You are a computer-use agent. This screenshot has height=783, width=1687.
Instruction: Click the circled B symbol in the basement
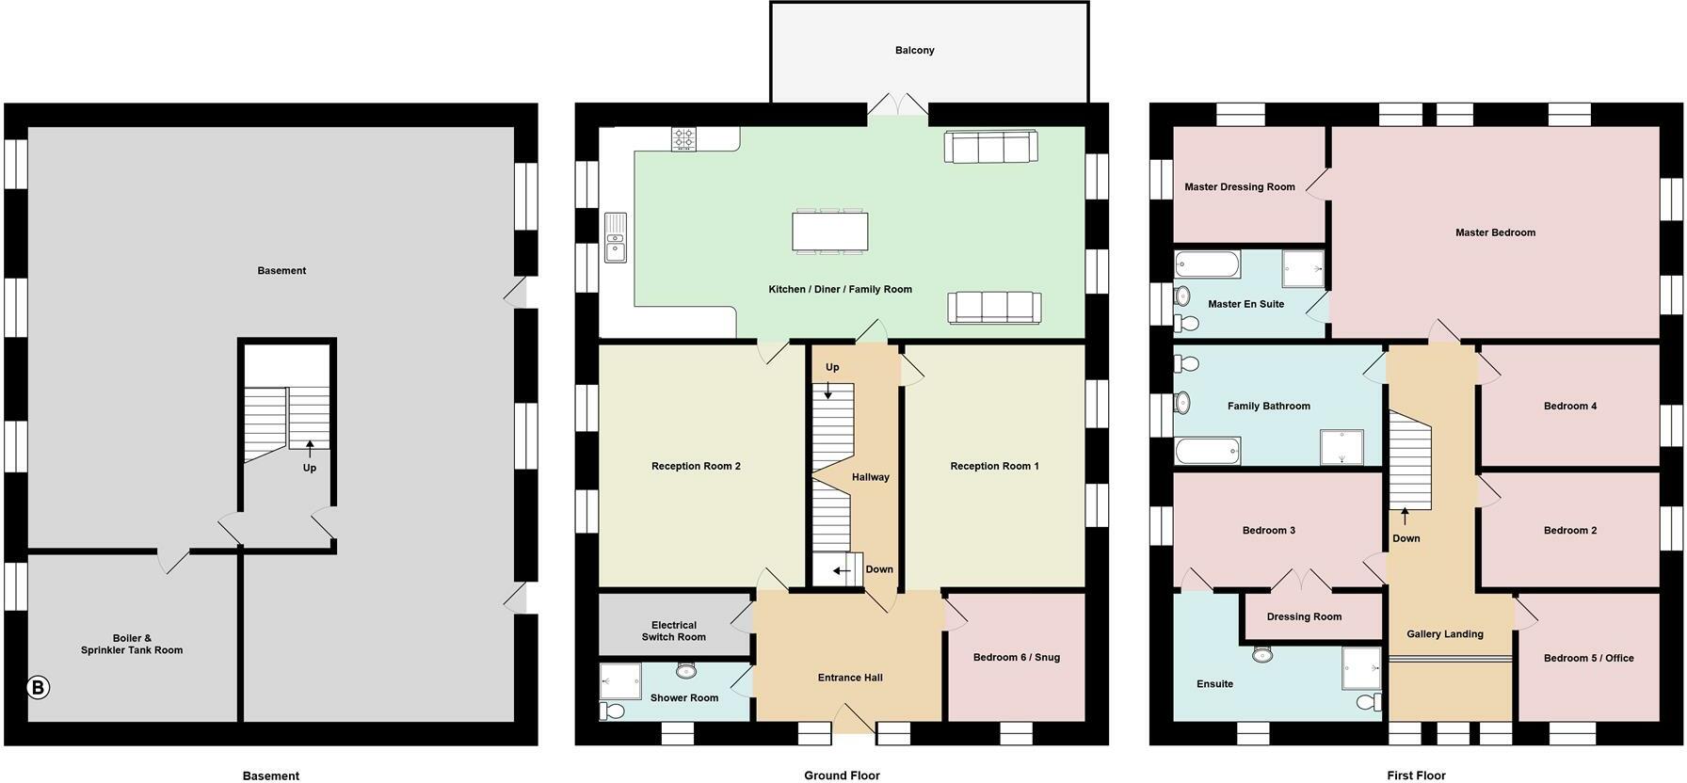[38, 688]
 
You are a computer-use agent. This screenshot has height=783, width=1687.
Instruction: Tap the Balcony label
[914, 50]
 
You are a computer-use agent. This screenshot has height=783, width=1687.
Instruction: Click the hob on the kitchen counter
[683, 139]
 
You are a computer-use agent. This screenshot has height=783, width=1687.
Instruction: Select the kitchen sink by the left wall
[615, 237]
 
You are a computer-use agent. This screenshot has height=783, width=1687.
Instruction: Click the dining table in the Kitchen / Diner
[829, 232]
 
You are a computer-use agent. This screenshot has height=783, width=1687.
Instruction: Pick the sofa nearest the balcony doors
[990, 147]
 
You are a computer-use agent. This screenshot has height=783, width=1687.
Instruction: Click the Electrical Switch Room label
[674, 631]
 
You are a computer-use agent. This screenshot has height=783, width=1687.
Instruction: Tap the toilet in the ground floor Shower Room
[612, 711]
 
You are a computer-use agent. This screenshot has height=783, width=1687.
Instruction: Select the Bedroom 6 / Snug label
[1016, 657]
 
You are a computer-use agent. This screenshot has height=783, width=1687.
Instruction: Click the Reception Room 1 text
[994, 466]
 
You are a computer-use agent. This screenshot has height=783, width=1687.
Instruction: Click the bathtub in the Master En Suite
[1208, 264]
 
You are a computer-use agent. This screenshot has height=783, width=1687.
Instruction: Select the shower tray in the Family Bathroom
[1341, 447]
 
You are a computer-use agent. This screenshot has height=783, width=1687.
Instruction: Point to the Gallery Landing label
[1444, 633]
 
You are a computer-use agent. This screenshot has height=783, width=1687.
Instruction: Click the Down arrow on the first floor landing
[1405, 517]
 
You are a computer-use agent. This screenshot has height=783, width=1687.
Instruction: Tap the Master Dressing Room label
[1239, 186]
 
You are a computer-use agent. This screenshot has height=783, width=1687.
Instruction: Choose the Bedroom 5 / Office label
[1588, 658]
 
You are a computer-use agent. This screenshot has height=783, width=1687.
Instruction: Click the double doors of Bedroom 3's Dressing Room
[1302, 580]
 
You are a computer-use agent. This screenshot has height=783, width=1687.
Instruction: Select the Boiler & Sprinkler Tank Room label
[132, 644]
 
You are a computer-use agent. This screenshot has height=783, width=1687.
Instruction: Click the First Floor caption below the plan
[1415, 775]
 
